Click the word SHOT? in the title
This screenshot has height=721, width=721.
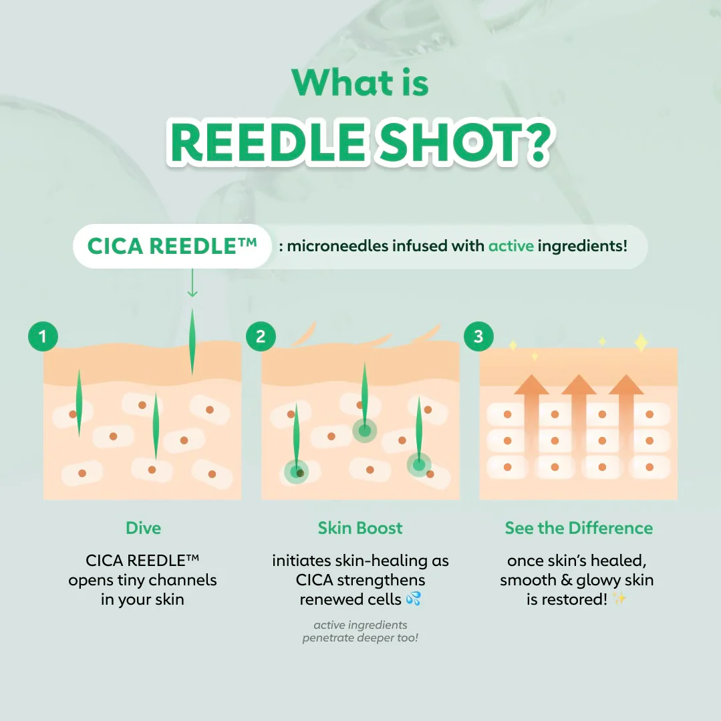(464, 142)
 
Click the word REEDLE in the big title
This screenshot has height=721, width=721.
(269, 142)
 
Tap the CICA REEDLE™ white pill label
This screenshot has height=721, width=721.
(172, 246)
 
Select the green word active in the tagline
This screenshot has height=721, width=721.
(511, 246)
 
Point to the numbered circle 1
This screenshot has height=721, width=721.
(43, 337)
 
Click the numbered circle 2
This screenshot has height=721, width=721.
(261, 337)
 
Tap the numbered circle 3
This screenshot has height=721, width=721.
(478, 337)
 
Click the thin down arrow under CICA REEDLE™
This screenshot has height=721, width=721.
(192, 283)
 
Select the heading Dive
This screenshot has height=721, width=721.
(144, 528)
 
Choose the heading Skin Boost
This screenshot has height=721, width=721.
(360, 528)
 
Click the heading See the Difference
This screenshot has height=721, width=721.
(579, 528)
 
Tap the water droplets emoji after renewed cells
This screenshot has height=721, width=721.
(414, 599)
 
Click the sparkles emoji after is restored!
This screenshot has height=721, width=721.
(619, 599)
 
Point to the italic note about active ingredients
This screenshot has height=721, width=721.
(360, 631)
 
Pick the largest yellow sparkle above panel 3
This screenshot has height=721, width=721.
(641, 343)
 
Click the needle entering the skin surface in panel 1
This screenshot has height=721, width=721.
(192, 342)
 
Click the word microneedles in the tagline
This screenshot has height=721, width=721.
(337, 246)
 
